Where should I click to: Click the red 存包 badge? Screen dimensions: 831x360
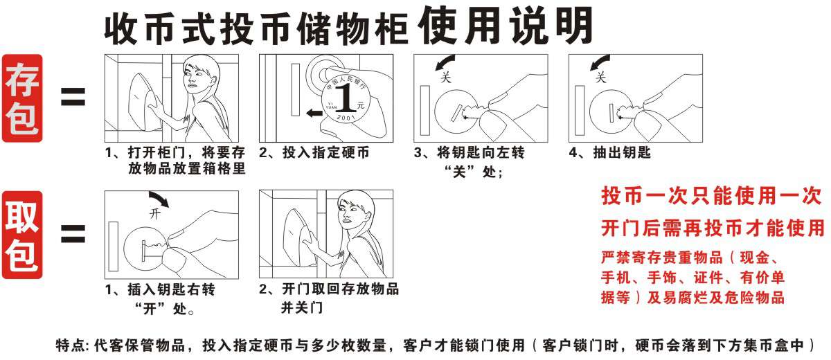click(x=22, y=98)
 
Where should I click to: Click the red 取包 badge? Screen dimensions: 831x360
click(x=22, y=235)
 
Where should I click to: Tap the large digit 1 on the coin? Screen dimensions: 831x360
click(x=346, y=97)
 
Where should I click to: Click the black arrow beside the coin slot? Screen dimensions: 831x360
click(x=314, y=113)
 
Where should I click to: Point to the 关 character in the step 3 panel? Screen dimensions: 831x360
click(x=445, y=77)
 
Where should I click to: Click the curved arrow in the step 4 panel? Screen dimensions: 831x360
click(x=598, y=62)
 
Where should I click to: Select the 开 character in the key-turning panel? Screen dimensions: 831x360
click(x=155, y=213)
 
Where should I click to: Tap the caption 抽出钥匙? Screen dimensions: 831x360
click(x=622, y=152)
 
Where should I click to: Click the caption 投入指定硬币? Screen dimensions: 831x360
click(x=325, y=152)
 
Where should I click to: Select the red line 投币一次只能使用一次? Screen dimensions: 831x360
click(x=711, y=195)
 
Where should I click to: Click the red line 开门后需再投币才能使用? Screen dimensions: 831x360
click(x=713, y=228)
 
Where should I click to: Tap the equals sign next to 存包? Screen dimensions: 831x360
click(x=73, y=97)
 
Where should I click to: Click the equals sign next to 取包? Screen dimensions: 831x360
click(x=73, y=233)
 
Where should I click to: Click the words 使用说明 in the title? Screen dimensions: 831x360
click(x=505, y=25)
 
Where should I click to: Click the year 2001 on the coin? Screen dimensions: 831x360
click(x=346, y=117)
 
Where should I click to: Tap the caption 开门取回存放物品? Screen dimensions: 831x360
click(x=340, y=289)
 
